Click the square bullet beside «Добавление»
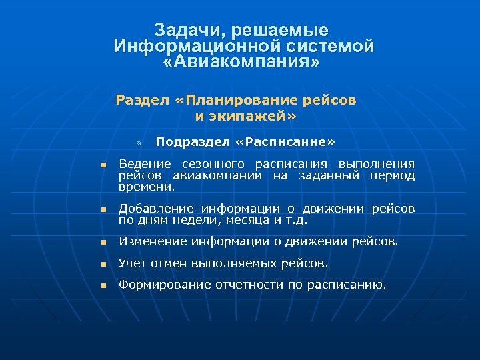click(103, 210)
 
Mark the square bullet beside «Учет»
click(103, 264)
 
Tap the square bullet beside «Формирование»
click(103, 286)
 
